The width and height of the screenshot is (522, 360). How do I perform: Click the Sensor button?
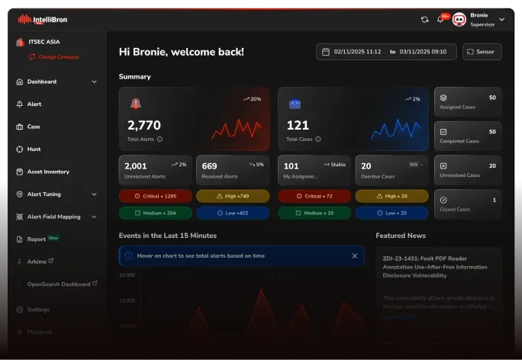click(x=482, y=52)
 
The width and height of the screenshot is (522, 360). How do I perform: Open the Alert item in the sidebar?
click(x=34, y=104)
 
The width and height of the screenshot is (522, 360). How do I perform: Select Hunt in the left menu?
click(x=34, y=149)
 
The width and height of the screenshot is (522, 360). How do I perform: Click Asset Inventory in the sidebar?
click(x=48, y=172)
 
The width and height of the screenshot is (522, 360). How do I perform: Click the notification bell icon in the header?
click(x=440, y=19)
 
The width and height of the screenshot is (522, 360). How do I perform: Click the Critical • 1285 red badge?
click(x=154, y=196)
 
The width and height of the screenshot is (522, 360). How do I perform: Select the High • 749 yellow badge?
click(x=233, y=196)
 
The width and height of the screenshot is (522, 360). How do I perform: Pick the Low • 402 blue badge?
click(x=233, y=213)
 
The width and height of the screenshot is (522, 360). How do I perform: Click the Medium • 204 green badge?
click(x=154, y=213)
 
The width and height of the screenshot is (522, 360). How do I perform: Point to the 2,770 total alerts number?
click(x=144, y=125)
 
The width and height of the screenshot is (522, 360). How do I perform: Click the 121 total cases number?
click(x=297, y=125)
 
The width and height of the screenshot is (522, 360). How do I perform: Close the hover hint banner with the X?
click(x=354, y=256)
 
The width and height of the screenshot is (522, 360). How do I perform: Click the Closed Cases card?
click(x=468, y=204)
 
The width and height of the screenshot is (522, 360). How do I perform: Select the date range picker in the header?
click(x=386, y=52)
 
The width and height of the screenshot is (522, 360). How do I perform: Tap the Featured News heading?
click(x=401, y=236)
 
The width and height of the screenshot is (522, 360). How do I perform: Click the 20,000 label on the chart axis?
click(x=127, y=275)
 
